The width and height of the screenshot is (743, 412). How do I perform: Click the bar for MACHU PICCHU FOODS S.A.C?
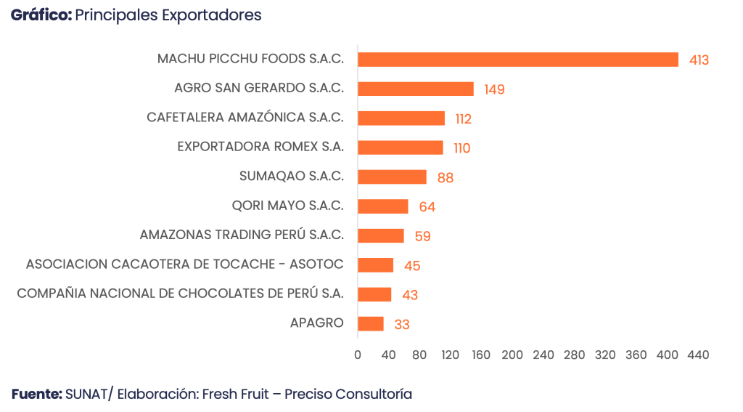(518, 60)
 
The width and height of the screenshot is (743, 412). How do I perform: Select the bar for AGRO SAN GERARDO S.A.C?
(416, 89)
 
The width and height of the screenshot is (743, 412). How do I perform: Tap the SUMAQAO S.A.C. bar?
(393, 177)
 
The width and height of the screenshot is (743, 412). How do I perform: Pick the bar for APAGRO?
(371, 323)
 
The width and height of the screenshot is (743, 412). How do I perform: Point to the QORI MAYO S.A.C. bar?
(383, 206)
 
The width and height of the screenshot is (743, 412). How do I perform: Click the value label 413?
(699, 60)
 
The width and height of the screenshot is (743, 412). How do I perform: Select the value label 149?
(494, 89)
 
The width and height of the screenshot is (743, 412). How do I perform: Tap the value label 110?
(461, 148)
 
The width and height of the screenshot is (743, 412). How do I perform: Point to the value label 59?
(422, 236)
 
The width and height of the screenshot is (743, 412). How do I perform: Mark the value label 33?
(402, 324)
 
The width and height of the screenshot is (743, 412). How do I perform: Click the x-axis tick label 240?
(543, 355)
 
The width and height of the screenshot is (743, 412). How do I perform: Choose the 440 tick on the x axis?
(698, 355)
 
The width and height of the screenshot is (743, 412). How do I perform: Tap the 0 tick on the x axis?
(358, 355)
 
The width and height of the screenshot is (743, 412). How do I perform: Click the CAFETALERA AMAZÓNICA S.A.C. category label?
(245, 118)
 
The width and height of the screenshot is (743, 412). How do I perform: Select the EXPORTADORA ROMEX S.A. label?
(260, 147)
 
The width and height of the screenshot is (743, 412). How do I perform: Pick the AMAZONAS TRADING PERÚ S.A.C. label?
(242, 235)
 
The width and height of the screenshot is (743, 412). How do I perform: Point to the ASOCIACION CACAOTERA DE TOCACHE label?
(184, 264)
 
